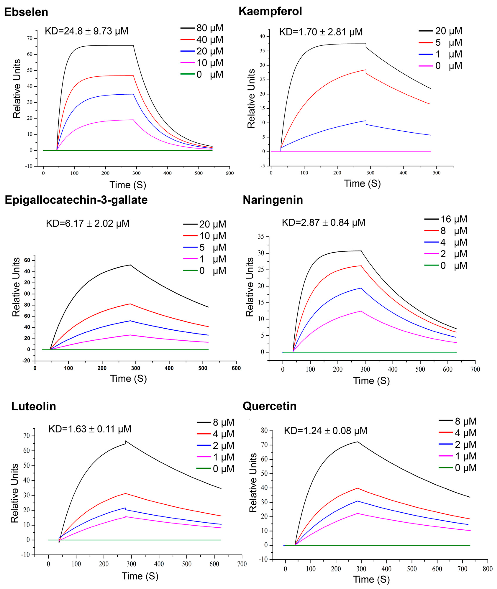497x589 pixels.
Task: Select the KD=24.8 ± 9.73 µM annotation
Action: [x=87, y=31]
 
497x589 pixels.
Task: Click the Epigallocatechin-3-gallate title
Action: [x=76, y=200]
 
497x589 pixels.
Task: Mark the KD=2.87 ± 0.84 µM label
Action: [x=323, y=223]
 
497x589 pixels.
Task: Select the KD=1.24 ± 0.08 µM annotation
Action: [x=325, y=431]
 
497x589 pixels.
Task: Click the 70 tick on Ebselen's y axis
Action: [x=30, y=38]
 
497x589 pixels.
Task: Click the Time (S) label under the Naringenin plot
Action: [x=371, y=381]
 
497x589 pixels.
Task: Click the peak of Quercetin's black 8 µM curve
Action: [x=357, y=441]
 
